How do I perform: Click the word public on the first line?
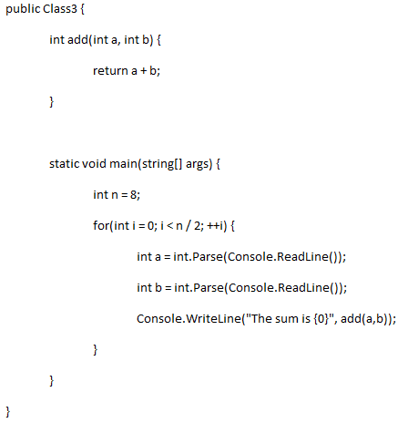point(23,9)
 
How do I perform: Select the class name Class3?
point(60,8)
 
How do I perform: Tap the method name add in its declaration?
point(77,39)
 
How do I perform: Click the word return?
point(110,71)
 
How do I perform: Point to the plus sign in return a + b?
point(143,71)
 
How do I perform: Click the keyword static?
point(65,163)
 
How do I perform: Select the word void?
point(94,163)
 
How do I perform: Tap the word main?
point(123,163)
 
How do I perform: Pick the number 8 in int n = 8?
point(133,194)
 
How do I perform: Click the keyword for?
point(101,225)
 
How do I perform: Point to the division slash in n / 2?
point(189,226)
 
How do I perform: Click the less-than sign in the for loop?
point(169,226)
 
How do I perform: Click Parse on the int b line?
point(208,288)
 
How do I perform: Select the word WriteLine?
point(213,319)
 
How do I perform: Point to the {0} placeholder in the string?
point(321,319)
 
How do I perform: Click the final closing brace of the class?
point(8,412)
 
